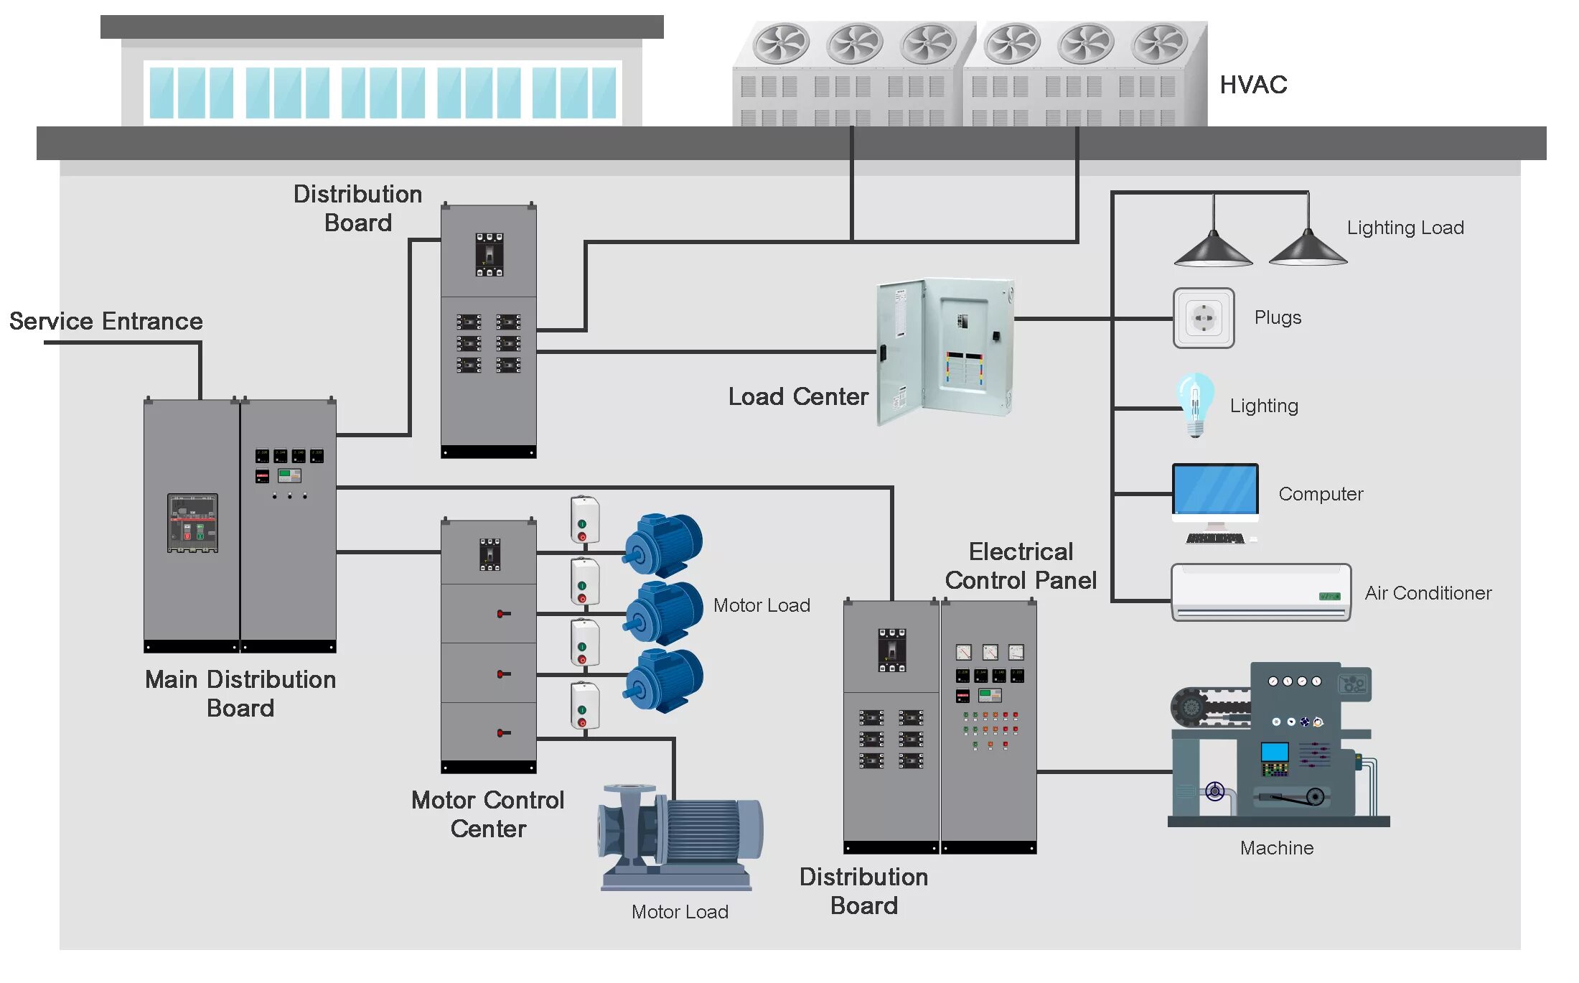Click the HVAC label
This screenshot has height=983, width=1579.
tap(1253, 85)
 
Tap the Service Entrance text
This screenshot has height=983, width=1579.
tap(106, 321)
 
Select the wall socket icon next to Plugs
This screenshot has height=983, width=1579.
tap(1204, 318)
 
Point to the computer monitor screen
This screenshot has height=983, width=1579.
tap(1215, 489)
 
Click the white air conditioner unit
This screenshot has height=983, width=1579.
tap(1260, 592)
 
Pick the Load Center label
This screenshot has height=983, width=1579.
tap(798, 396)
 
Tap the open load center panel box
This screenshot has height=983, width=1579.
tap(945, 350)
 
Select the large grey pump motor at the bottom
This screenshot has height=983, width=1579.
tap(680, 837)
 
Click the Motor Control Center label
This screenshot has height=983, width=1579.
tap(488, 814)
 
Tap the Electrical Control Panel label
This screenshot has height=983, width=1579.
tap(1021, 566)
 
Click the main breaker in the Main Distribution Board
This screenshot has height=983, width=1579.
tap(192, 523)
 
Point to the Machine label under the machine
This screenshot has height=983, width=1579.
tap(1276, 848)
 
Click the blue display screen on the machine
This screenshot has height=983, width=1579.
tap(1275, 752)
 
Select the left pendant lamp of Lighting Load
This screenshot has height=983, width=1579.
tap(1213, 248)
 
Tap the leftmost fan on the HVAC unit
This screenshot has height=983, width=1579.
tap(780, 43)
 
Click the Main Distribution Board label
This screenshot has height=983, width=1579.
tap(240, 694)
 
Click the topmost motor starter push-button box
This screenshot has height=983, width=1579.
tap(584, 518)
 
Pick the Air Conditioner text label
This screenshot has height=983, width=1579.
tap(1428, 593)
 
